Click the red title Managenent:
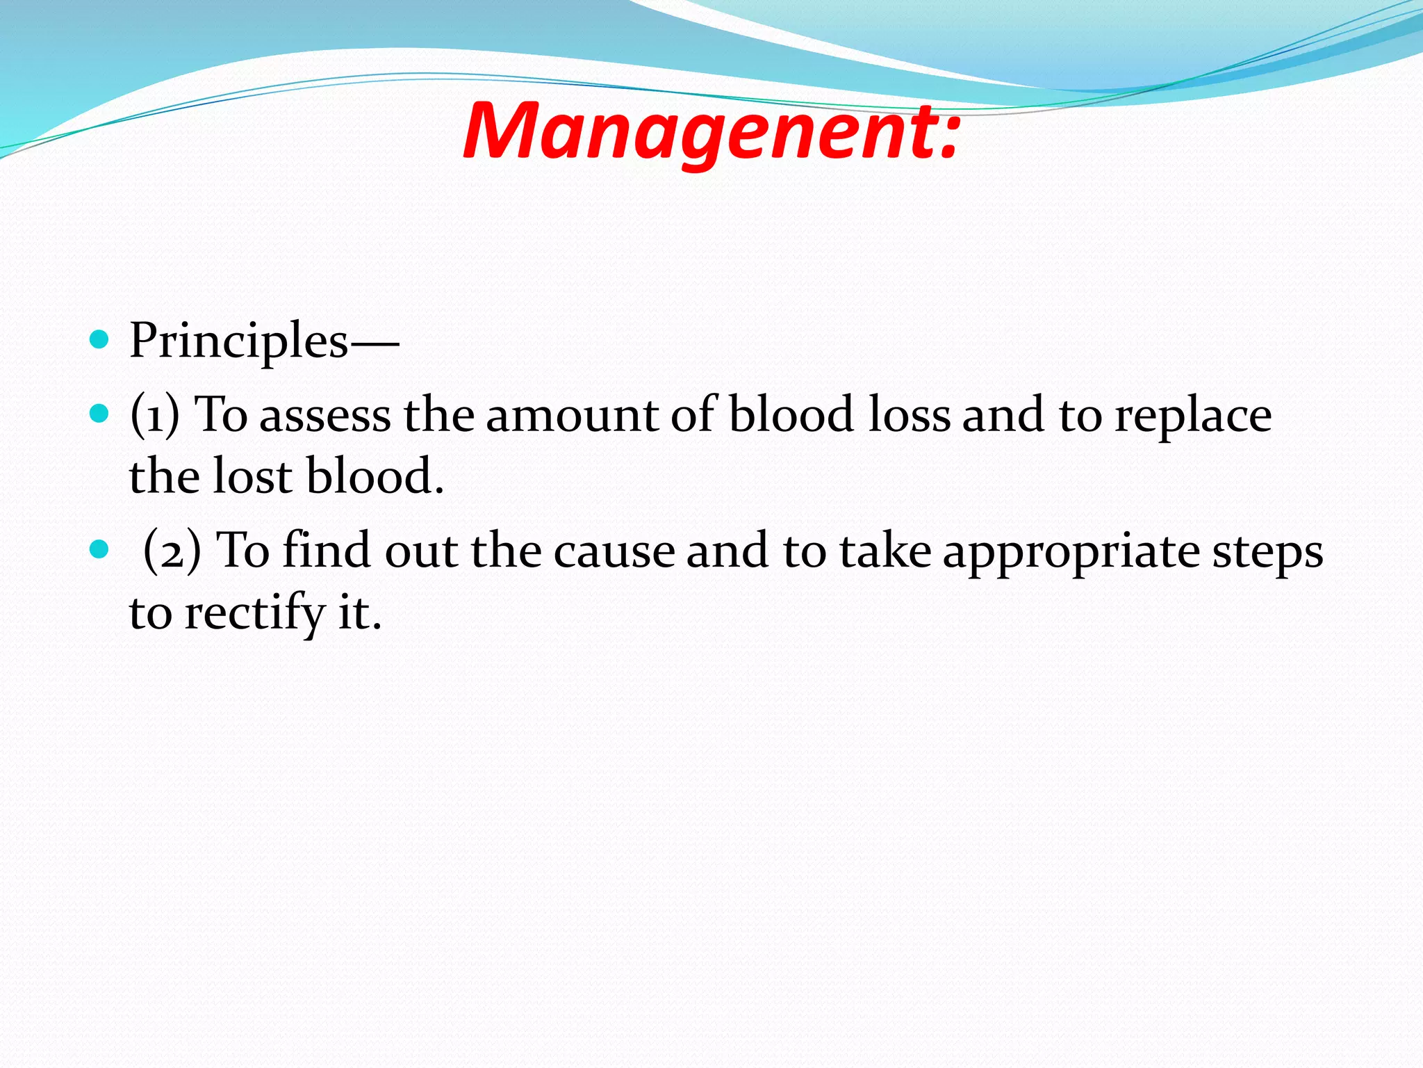[x=711, y=132]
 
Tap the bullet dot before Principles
[x=100, y=339]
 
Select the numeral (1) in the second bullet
[x=154, y=415]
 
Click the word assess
[x=324, y=416]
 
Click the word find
[x=327, y=550]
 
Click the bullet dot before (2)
[x=100, y=550]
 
